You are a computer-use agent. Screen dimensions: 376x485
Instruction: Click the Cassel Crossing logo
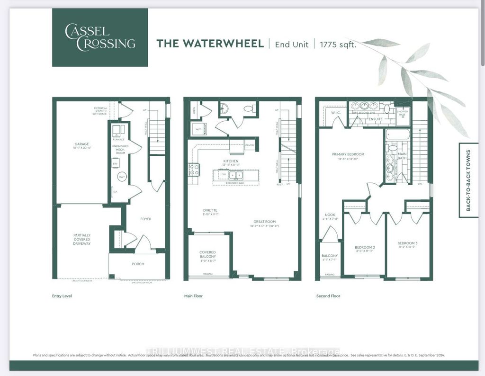point(100,37)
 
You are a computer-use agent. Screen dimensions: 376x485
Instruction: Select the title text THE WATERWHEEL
point(210,44)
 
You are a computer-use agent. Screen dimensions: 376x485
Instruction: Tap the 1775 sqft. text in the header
point(338,44)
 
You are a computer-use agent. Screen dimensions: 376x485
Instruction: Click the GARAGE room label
point(81,144)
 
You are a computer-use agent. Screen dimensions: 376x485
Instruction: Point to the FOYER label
point(145,219)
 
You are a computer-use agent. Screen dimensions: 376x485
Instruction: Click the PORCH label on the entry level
point(138,264)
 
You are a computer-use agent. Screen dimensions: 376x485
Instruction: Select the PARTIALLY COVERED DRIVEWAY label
point(81,239)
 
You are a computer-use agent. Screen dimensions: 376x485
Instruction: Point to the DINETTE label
point(209,210)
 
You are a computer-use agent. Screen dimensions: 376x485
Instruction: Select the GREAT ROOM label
point(264,221)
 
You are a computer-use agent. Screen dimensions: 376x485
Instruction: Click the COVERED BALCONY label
point(208,254)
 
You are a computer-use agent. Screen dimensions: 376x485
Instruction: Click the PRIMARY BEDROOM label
point(348,154)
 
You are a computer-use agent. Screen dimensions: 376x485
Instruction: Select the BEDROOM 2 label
point(365,247)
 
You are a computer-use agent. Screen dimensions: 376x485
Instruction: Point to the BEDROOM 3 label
point(407,243)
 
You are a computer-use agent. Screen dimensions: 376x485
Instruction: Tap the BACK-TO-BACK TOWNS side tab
point(468,180)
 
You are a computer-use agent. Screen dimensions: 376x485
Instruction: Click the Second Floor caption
point(328,296)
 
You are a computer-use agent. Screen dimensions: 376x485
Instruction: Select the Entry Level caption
point(62,296)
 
